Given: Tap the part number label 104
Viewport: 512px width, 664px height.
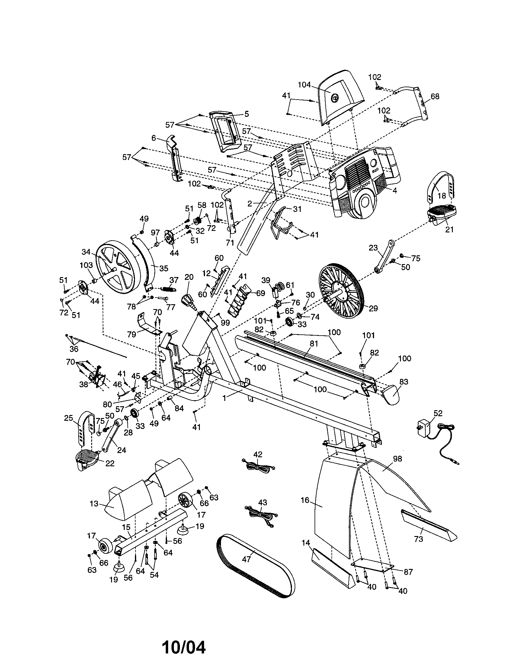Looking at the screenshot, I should pos(304,85).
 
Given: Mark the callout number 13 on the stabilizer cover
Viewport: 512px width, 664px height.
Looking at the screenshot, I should pos(94,504).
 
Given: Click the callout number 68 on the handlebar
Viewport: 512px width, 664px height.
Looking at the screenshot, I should pos(435,96).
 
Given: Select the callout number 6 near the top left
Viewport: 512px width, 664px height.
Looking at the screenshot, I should pos(154,138).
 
